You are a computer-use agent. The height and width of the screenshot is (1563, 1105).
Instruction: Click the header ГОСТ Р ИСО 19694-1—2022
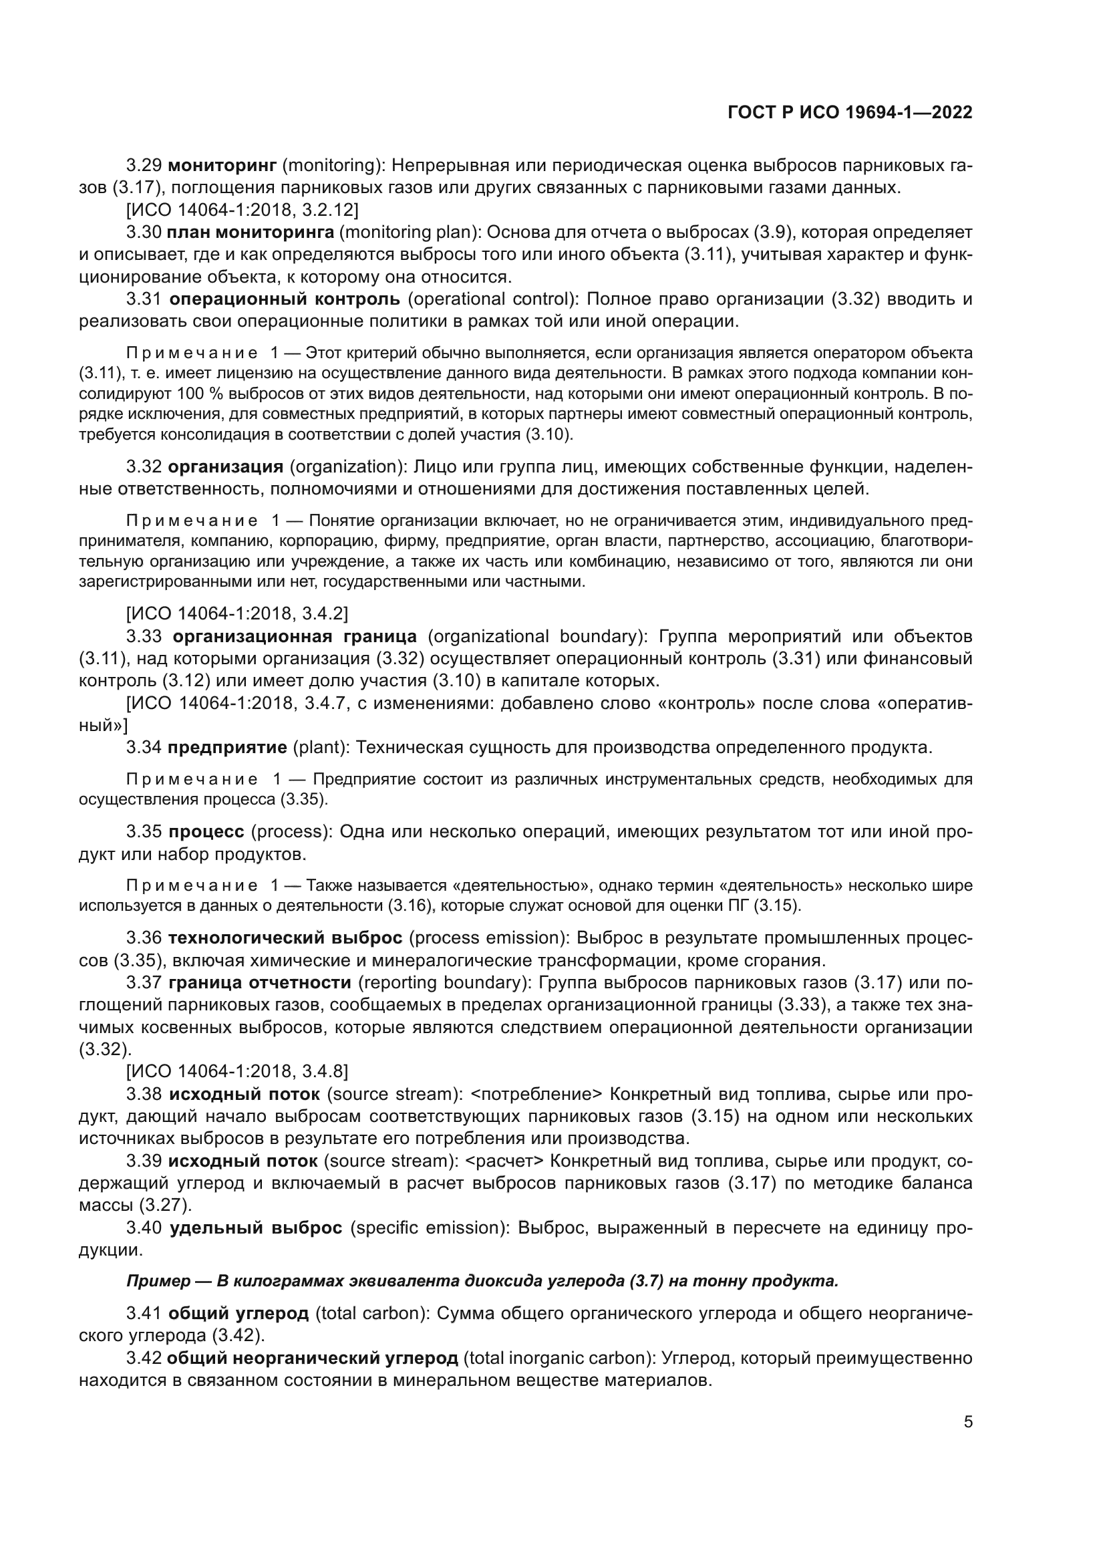(850, 112)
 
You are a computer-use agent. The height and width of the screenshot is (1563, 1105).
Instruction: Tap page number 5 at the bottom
(967, 1422)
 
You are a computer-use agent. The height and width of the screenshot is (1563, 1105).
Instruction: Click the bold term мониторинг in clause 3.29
(221, 166)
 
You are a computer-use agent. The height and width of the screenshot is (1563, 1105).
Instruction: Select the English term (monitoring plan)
(410, 232)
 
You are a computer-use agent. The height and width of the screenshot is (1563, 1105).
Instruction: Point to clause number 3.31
(144, 299)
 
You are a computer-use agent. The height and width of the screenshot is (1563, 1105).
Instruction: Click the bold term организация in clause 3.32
(225, 467)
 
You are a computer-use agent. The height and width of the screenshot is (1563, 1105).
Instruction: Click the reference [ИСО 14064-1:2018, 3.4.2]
(236, 613)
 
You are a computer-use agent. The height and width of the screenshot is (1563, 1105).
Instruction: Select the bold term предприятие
(227, 748)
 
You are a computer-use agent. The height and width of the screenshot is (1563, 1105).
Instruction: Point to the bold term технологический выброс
(285, 938)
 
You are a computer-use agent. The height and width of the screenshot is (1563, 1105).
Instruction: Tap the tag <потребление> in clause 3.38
(536, 1094)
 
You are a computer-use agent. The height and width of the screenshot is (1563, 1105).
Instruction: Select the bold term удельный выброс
(255, 1228)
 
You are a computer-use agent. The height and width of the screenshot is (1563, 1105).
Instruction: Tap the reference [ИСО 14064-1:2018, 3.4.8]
(236, 1071)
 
